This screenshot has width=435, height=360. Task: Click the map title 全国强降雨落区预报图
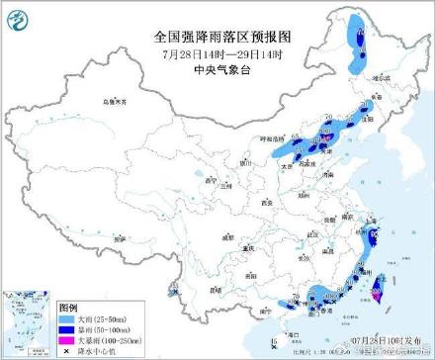pos(214,35)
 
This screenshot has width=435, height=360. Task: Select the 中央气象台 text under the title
pos(214,70)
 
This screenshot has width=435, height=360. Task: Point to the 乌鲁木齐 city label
pos(117,101)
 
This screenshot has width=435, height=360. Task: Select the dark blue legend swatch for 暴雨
pos(71,330)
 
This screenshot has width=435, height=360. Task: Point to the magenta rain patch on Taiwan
pos(377,291)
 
